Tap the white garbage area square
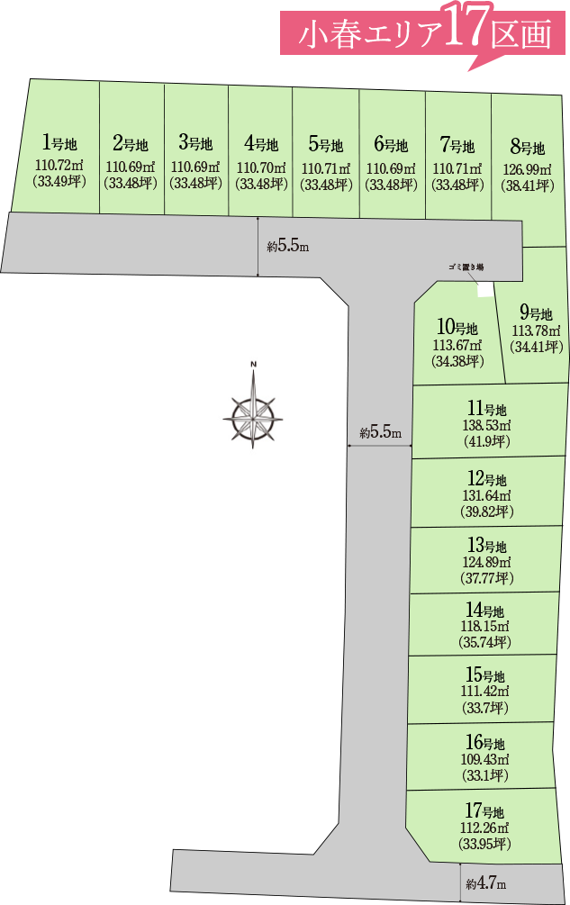point(485,290)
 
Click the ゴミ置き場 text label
point(466,267)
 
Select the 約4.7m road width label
point(485,883)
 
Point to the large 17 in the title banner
point(467,26)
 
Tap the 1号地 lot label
point(59,142)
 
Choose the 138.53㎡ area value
point(486,425)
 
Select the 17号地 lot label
point(484,811)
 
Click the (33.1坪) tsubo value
point(484,775)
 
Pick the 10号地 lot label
point(457,327)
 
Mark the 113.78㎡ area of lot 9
point(536,330)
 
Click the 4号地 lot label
point(261,142)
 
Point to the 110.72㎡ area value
point(59,166)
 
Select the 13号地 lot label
point(487,545)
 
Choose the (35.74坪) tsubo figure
point(485,642)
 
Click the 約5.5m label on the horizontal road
point(288,247)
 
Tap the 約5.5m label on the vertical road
point(380,431)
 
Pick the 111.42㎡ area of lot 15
point(484,691)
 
